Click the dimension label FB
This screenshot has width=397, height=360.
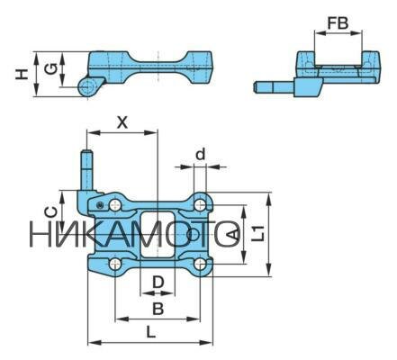338,23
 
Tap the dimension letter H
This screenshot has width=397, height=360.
22,74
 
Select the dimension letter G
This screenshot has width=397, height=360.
50,69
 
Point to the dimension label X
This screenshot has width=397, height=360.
122,122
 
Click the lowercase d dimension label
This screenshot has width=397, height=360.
200,154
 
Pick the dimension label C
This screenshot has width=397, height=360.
50,212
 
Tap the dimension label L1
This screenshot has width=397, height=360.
258,233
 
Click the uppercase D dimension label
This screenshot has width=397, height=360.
158,283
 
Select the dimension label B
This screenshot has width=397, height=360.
158,309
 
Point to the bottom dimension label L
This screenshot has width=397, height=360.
150,332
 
